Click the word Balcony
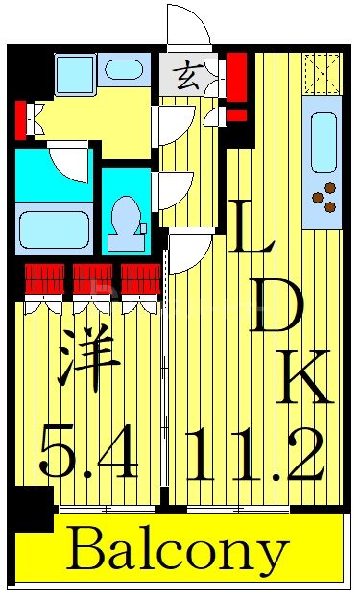178,552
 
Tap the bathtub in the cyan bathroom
53,230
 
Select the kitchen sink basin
324,141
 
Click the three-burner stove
324,197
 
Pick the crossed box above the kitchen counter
322,72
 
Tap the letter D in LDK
277,309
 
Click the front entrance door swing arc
188,23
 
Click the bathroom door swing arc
70,160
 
